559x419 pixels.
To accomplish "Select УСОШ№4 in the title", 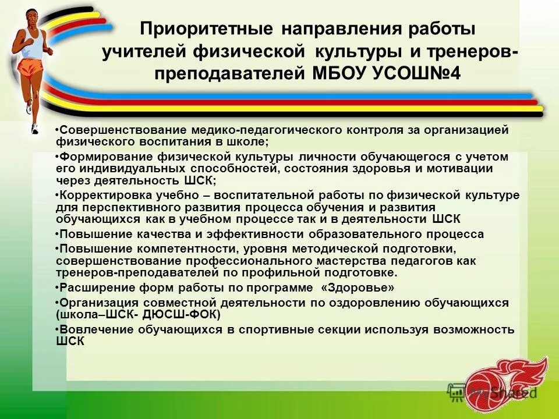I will (x=419, y=74).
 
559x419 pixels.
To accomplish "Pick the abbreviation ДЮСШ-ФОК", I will (x=185, y=314).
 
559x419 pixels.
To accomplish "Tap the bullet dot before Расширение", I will (x=58, y=288).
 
